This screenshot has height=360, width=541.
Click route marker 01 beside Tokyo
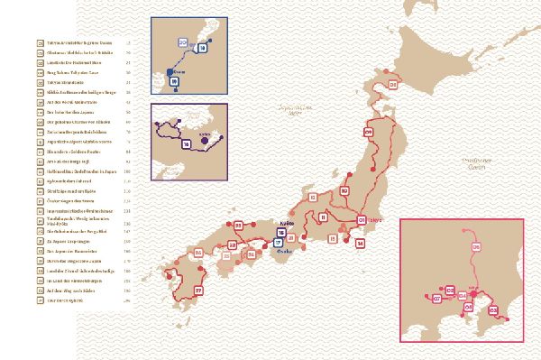362,219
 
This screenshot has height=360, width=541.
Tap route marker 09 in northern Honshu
369,133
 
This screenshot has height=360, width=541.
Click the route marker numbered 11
323,217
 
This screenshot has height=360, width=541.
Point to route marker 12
312,197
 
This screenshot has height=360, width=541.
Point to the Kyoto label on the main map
289,220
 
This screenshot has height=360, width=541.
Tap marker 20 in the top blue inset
183,42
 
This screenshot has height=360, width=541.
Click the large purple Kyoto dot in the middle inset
206,139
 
